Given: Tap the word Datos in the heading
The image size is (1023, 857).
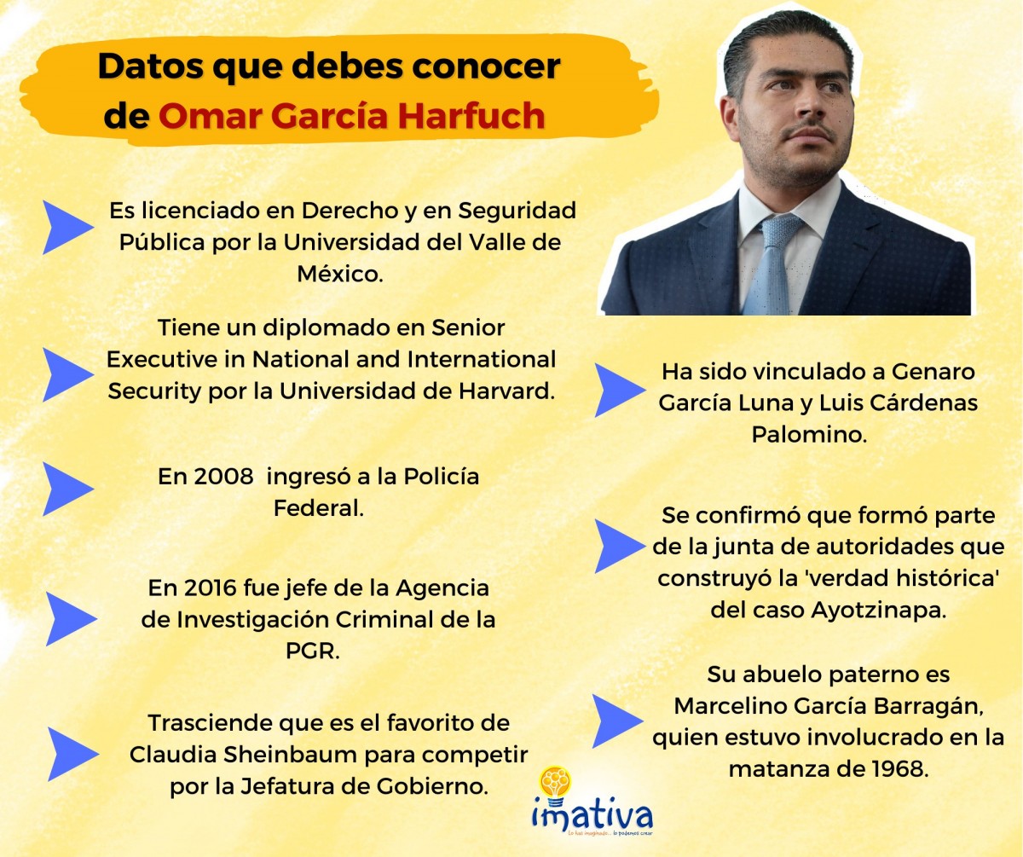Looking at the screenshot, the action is [150, 66].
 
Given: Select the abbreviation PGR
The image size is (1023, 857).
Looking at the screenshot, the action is [312, 651].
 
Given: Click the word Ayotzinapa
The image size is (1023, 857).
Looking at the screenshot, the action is [878, 610].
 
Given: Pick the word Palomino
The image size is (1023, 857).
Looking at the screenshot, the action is [809, 434].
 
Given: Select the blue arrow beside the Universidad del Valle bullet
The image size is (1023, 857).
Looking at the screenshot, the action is [67, 228].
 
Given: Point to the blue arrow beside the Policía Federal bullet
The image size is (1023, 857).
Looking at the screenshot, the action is [67, 489].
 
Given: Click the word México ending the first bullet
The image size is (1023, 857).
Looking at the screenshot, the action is [339, 274].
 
